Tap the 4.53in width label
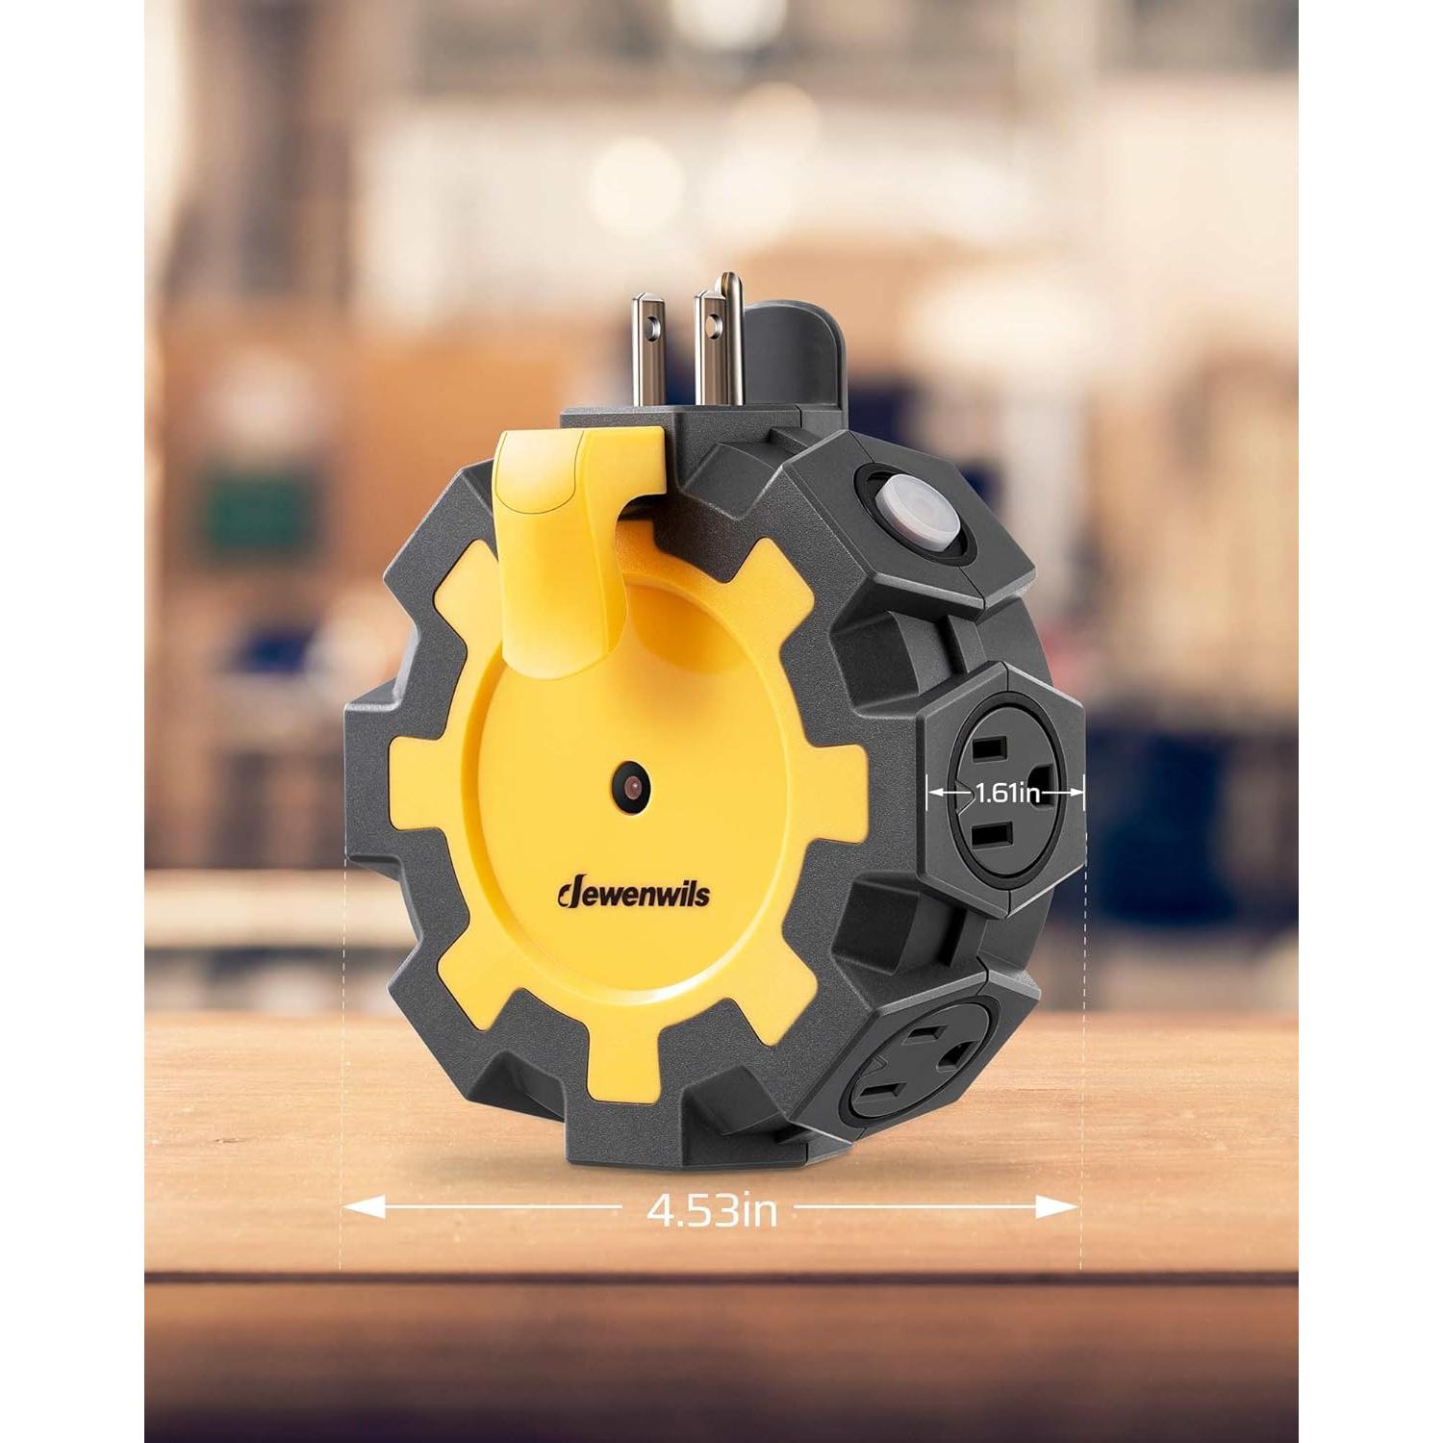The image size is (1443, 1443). pyautogui.click(x=712, y=1209)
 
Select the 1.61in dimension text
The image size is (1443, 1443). pyautogui.click(x=1006, y=794)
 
